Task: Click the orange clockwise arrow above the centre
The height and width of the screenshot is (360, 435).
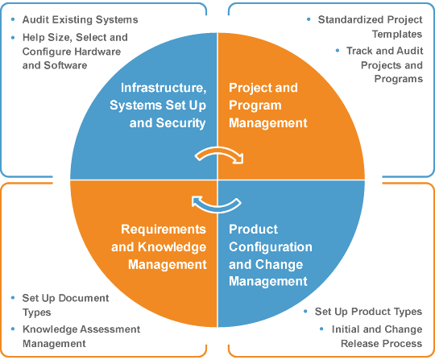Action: point(219,151)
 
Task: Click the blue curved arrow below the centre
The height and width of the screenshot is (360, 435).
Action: point(217,208)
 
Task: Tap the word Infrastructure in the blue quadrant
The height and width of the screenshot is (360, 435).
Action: point(164,88)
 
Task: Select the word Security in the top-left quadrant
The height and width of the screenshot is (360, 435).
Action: point(180,123)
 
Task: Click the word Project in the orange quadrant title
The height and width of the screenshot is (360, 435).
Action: point(250,89)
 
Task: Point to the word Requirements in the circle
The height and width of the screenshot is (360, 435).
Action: point(164,230)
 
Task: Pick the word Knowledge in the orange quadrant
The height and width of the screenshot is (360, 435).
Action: point(172,247)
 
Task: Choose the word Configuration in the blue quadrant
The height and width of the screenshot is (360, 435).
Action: point(271,247)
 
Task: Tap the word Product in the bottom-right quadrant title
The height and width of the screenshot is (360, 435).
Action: point(253,230)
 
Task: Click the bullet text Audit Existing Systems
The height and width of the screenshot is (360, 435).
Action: point(81,19)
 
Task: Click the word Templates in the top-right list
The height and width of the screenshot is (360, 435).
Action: point(397,34)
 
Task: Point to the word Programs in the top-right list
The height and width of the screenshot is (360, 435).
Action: point(399,79)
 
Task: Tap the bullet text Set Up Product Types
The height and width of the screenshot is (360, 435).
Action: point(368,312)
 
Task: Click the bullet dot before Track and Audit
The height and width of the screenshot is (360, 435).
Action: point(338,51)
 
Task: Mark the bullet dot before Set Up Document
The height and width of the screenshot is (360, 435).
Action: point(13,298)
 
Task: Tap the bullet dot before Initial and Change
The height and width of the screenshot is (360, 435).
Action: point(321,329)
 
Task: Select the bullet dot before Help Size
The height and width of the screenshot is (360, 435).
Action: point(13,37)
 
